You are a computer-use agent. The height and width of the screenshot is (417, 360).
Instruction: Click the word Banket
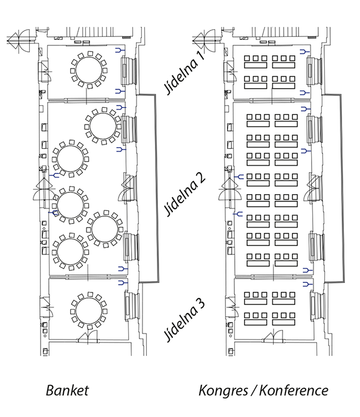[67, 390]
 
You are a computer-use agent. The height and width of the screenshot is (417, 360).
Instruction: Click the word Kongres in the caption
[223, 391]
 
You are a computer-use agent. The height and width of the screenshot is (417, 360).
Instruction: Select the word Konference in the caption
[294, 390]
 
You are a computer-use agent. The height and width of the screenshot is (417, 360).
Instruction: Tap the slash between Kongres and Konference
[253, 390]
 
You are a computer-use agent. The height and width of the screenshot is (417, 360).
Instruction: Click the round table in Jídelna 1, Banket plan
[89, 70]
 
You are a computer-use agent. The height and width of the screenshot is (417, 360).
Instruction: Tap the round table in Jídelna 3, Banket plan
[89, 311]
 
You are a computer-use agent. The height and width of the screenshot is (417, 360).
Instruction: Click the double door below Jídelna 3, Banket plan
[88, 337]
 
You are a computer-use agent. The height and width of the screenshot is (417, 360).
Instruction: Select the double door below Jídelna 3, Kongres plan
[273, 336]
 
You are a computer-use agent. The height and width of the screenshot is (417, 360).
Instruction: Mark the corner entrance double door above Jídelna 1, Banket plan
[19, 41]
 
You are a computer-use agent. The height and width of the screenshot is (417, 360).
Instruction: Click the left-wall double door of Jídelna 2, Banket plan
[44, 189]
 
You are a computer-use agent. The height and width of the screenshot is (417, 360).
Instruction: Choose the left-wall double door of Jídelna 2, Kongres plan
[229, 189]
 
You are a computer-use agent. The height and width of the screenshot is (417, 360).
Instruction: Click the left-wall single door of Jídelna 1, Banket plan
[45, 71]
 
